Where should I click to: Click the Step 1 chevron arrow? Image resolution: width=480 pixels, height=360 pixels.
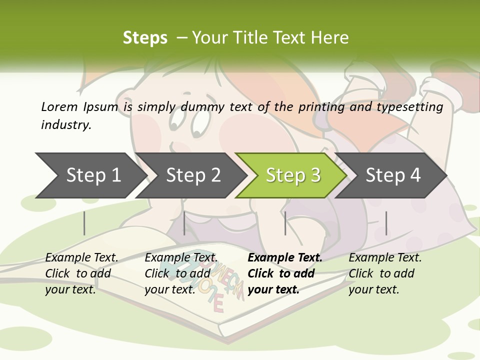click(x=93, y=175)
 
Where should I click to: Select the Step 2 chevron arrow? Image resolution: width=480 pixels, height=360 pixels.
click(x=193, y=175)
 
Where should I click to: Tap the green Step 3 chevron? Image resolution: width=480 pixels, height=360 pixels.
click(x=293, y=175)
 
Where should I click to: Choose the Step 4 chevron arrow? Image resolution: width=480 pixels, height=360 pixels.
click(x=393, y=175)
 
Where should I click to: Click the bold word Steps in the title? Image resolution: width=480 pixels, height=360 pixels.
click(x=145, y=37)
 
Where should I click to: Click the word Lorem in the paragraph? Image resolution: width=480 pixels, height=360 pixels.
click(x=58, y=106)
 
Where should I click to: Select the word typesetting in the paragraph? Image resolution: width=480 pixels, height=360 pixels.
click(x=412, y=106)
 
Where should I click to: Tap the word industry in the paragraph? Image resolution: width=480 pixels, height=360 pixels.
click(x=65, y=125)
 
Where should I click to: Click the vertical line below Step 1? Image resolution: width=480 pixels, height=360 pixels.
click(x=84, y=223)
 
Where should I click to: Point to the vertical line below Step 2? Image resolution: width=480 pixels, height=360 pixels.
click(x=184, y=223)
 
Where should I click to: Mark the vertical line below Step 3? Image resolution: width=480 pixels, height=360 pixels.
click(x=285, y=223)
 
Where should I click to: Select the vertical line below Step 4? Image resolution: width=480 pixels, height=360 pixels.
click(x=386, y=223)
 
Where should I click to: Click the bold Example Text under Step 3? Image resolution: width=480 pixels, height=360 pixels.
click(x=285, y=257)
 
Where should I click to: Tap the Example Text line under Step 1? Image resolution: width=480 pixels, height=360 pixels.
click(x=81, y=257)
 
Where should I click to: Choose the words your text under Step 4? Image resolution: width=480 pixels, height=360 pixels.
click(x=373, y=289)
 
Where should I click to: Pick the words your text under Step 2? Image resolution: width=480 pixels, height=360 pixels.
click(x=169, y=289)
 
